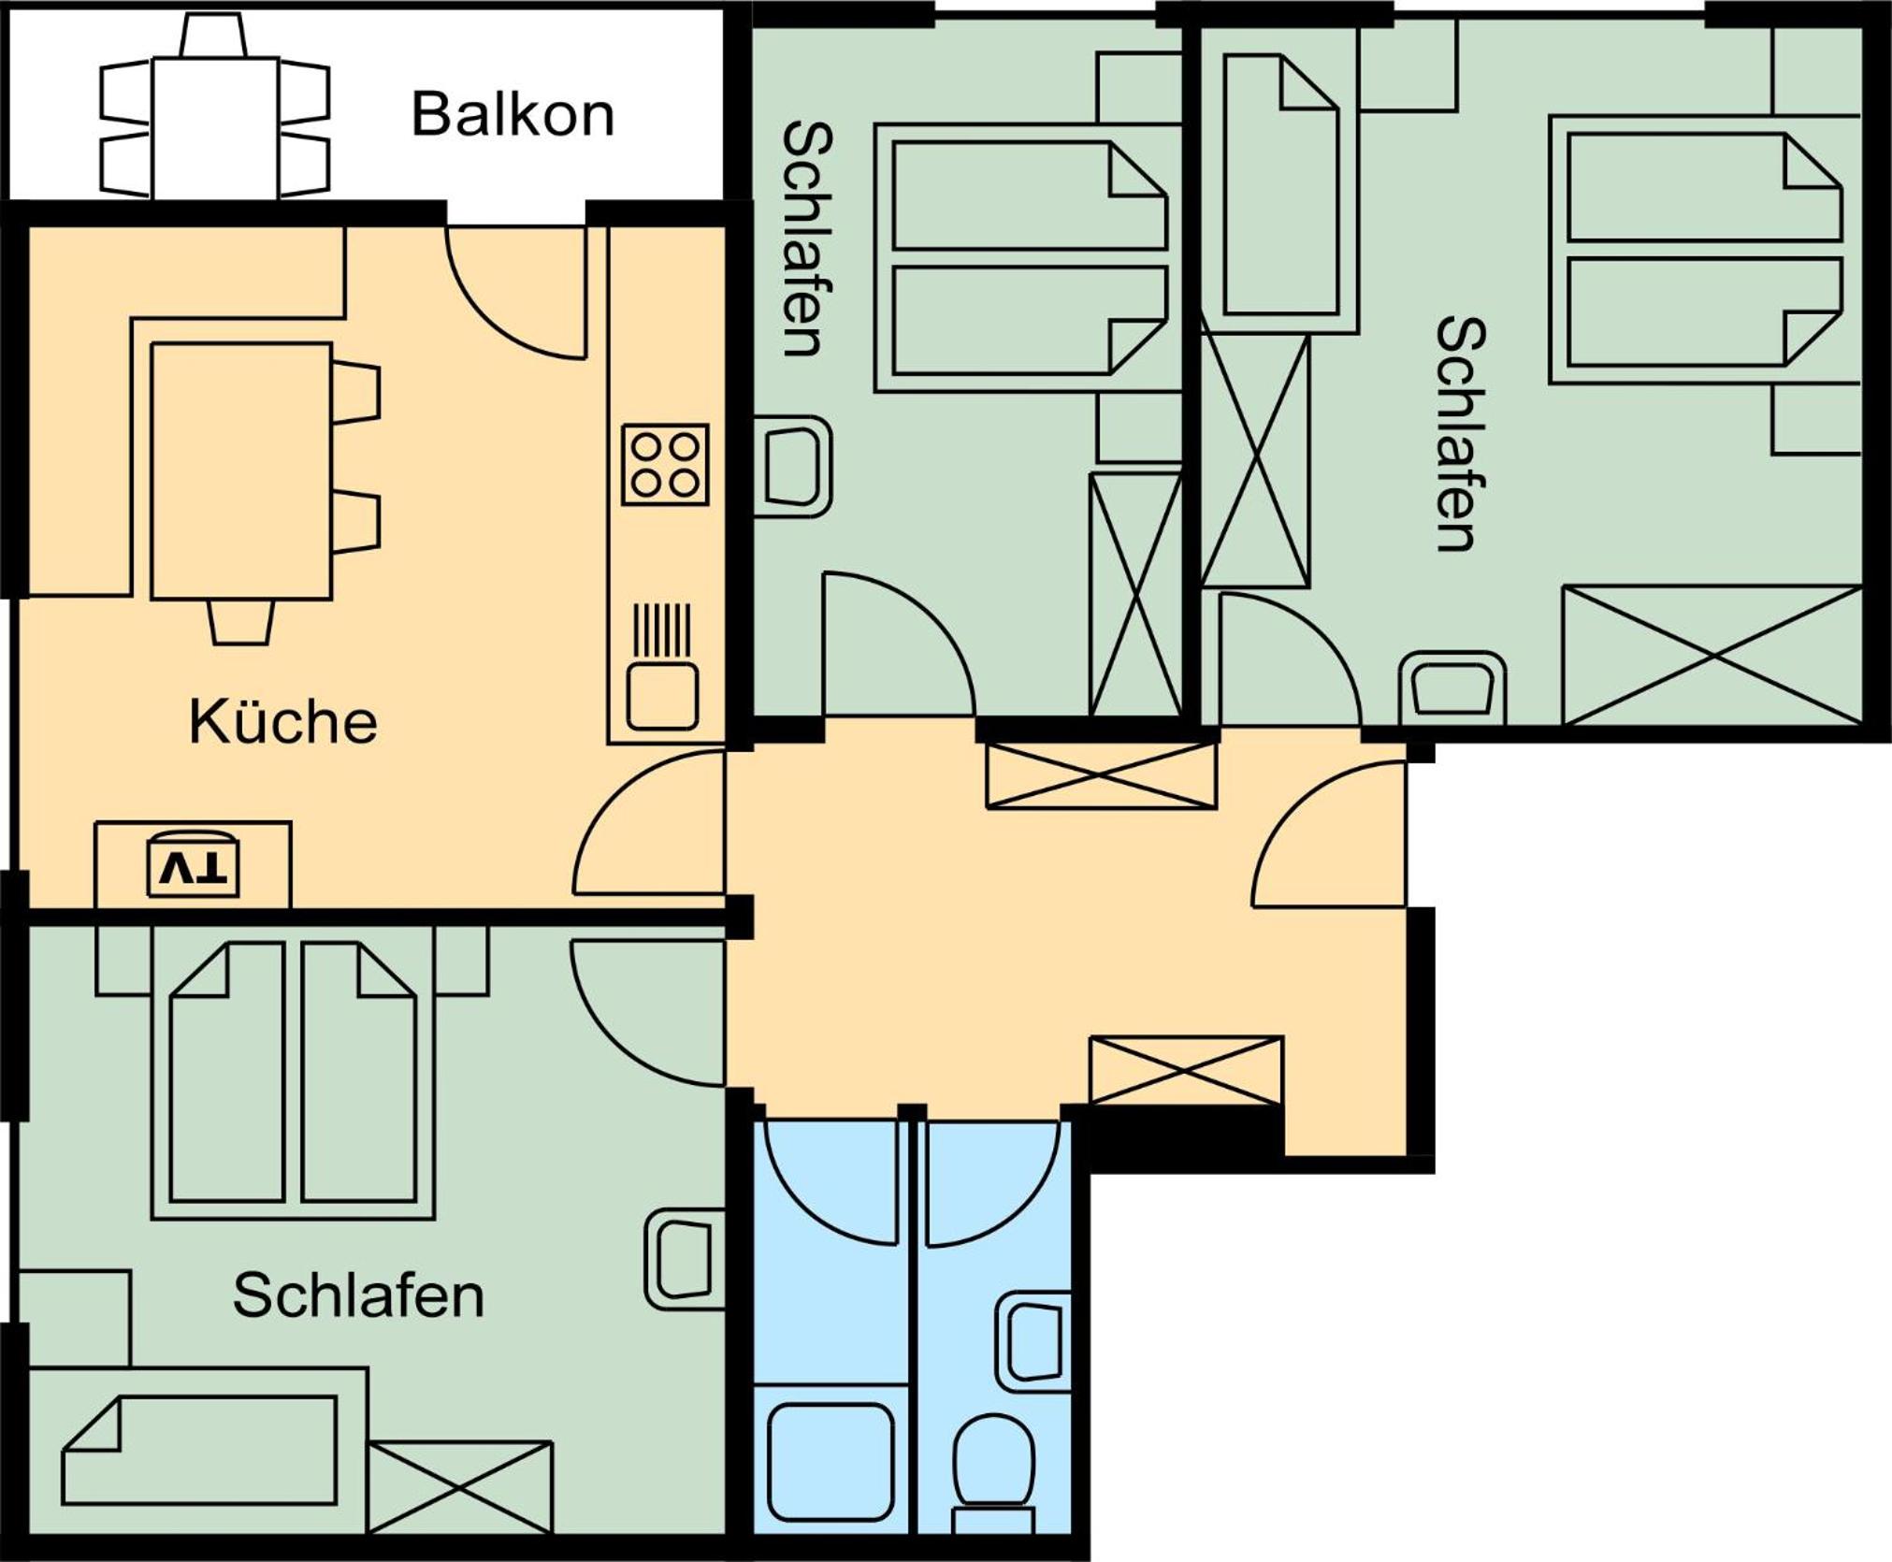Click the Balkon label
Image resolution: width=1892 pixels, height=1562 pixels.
[x=513, y=114]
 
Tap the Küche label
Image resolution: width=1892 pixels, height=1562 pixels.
[x=283, y=721]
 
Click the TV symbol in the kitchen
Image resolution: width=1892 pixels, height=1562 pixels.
[x=193, y=867]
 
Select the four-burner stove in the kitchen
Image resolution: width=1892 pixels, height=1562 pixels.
[x=665, y=465]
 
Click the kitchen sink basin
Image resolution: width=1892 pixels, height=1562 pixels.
[x=662, y=696]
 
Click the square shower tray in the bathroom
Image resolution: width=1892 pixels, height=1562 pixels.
[x=830, y=1462]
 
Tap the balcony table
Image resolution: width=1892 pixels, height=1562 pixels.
[x=215, y=128]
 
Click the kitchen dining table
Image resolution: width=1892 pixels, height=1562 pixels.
[x=241, y=470]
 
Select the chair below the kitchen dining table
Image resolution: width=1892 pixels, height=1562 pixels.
[x=241, y=622]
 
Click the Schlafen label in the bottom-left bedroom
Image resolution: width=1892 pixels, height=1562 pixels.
[x=358, y=1295]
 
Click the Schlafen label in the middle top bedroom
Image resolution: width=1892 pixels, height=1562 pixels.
[x=807, y=239]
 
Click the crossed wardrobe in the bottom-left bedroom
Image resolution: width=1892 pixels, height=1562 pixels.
[x=460, y=1486]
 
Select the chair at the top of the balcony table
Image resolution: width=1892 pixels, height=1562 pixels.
[x=213, y=36]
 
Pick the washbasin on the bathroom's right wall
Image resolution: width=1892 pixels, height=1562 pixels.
[x=1034, y=1343]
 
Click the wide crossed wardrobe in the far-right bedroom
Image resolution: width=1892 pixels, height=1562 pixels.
[x=1712, y=655]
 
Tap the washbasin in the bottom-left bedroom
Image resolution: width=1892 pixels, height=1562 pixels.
[x=685, y=1260]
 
